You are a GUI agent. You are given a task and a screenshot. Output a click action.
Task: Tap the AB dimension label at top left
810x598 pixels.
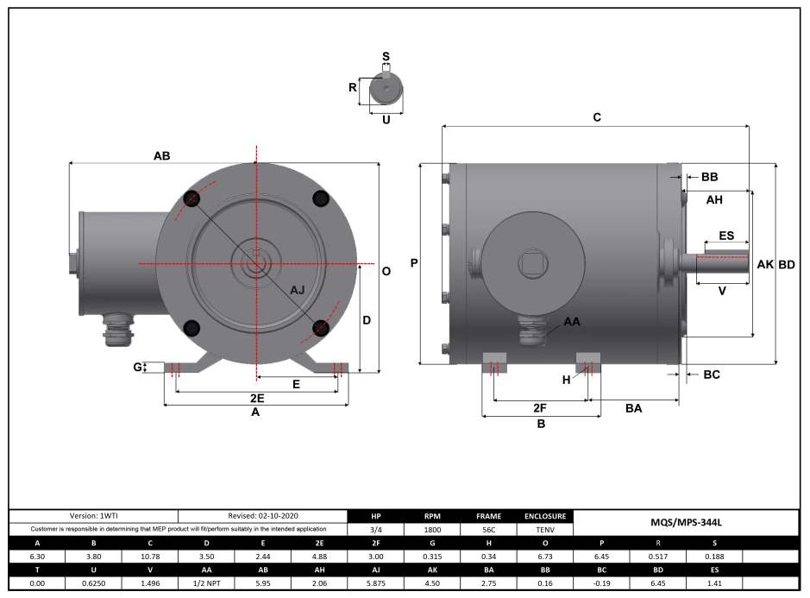tap(162, 156)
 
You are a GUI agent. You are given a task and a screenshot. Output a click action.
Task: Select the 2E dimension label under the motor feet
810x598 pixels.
tap(256, 398)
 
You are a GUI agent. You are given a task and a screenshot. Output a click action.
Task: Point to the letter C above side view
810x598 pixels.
tap(596, 117)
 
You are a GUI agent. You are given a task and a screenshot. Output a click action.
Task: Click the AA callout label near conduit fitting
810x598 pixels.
tap(572, 321)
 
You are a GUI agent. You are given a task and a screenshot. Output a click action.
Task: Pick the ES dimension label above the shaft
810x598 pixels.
tap(726, 235)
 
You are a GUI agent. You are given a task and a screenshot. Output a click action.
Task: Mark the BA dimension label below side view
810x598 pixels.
tap(633, 408)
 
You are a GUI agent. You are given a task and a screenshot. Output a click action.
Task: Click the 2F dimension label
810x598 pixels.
tap(540, 407)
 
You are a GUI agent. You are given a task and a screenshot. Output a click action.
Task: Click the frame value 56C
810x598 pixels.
tap(488, 530)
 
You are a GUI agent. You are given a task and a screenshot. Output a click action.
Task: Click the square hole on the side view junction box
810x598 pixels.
tap(531, 262)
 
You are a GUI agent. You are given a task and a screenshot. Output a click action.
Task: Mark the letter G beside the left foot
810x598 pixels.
tap(137, 368)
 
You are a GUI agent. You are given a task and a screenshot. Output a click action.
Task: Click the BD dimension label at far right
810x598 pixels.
tap(787, 265)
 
